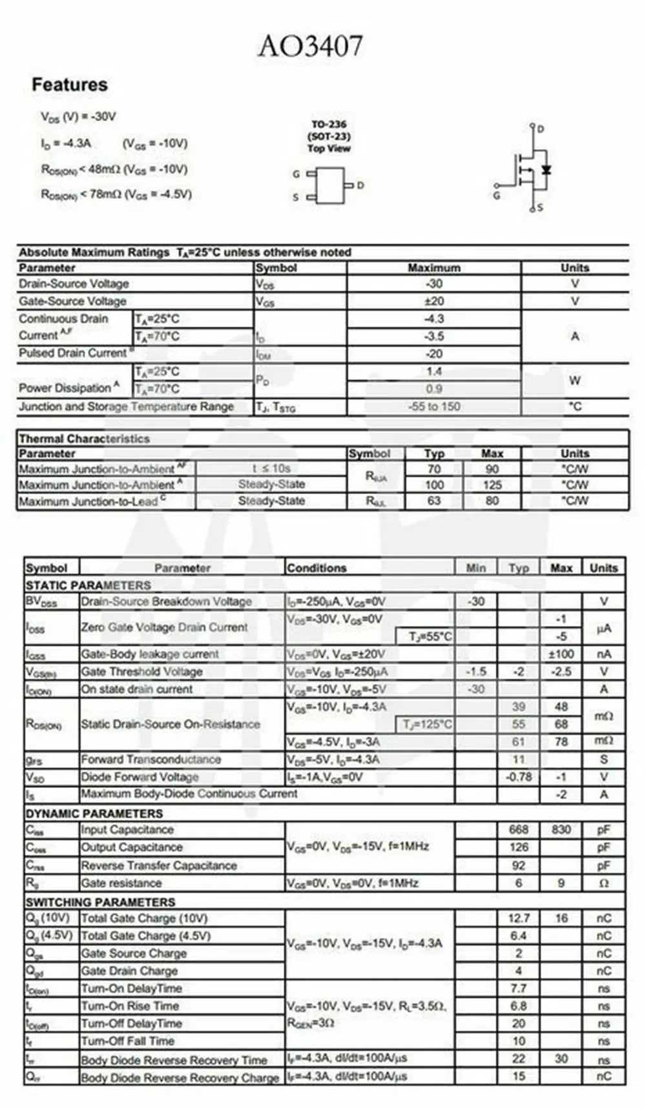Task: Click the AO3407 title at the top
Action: coord(311,47)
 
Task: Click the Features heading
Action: coord(70,85)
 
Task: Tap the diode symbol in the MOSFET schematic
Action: coord(547,169)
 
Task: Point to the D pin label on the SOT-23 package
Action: coord(360,185)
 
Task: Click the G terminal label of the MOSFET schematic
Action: coord(496,195)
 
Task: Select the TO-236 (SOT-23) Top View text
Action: coord(329,136)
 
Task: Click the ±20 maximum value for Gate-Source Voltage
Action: coord(433,301)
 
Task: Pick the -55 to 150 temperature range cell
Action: coord(433,406)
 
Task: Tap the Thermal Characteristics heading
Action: coord(84,439)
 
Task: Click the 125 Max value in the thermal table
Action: coord(492,484)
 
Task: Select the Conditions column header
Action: coord(317,568)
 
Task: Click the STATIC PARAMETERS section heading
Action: coord(89,585)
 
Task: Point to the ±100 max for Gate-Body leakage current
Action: coord(561,654)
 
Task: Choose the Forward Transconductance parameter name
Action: coord(151,759)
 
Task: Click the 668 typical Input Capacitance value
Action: coord(518,829)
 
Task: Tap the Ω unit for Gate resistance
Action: coord(603,883)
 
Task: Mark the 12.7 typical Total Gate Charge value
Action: coord(518,918)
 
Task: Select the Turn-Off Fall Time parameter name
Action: coord(127,1041)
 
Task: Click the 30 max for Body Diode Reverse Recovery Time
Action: coord(561,1059)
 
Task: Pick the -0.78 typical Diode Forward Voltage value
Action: coord(518,776)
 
